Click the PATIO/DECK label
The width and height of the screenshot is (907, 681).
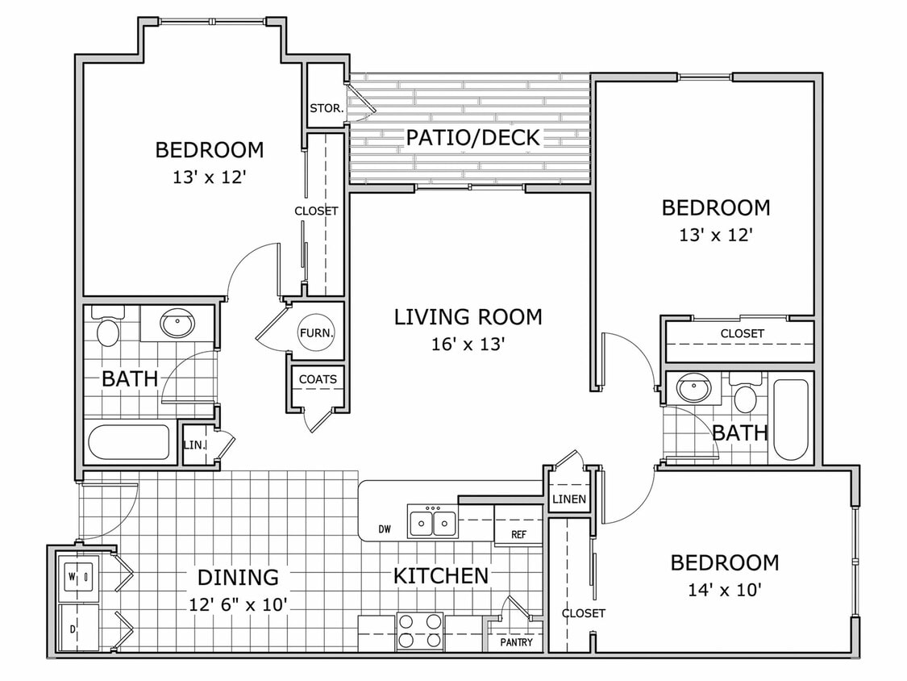[x=472, y=137]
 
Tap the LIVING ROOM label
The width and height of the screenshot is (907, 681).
[x=468, y=317]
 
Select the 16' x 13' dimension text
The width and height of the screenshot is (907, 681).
[x=468, y=345]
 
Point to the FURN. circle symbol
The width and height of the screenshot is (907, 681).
[x=316, y=332]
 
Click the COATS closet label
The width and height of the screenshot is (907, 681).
[x=318, y=379]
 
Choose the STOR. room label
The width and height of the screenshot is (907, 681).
[x=327, y=107]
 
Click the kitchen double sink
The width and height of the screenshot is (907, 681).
[x=433, y=522]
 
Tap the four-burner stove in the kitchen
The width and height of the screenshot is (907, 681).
[x=420, y=631]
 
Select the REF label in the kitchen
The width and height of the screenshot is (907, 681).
[x=520, y=534]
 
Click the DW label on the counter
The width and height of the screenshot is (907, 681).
[x=385, y=530]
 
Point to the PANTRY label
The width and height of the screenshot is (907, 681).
[x=515, y=642]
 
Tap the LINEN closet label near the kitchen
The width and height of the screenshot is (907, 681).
[x=569, y=499]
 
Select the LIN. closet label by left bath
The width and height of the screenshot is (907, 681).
[x=193, y=445]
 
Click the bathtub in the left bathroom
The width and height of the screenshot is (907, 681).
[x=130, y=442]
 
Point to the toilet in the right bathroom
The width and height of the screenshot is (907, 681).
[x=746, y=397]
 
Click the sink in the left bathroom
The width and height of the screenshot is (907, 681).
[x=177, y=324]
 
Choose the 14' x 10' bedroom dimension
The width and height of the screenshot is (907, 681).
[x=724, y=590]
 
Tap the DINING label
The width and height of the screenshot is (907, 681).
[x=238, y=577]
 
